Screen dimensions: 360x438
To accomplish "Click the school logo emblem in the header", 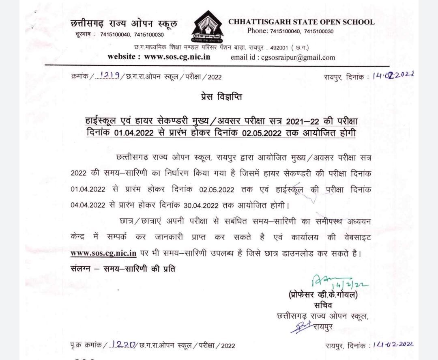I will [207, 28].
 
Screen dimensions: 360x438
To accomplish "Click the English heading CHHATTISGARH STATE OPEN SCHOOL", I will [301, 22].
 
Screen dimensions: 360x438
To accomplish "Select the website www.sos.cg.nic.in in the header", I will [159, 57].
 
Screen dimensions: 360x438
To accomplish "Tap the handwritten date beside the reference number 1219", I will [392, 76].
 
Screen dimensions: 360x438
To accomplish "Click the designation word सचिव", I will [323, 306].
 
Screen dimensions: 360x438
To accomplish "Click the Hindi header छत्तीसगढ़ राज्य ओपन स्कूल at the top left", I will [124, 24].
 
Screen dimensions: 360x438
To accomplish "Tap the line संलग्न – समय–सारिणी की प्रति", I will [123, 269].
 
